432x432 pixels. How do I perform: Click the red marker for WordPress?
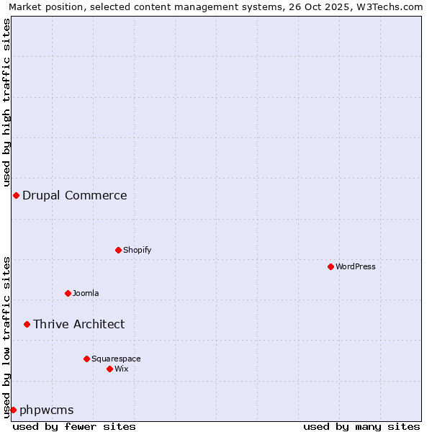(x=330, y=266)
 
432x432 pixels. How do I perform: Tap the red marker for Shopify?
(x=118, y=250)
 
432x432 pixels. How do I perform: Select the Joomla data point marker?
(x=68, y=293)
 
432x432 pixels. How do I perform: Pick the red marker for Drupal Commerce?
(x=16, y=195)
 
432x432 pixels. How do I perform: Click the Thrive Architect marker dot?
(x=27, y=324)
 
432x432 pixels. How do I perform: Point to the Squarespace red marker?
(x=86, y=359)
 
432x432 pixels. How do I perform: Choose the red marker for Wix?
(x=109, y=369)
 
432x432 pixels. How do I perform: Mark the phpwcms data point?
(x=13, y=410)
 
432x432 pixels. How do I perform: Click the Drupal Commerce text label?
(x=74, y=195)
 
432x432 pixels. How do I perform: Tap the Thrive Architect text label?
(x=78, y=324)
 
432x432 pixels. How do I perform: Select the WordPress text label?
(x=355, y=266)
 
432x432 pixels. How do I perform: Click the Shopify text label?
(x=137, y=250)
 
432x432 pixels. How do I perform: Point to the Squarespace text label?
(x=116, y=359)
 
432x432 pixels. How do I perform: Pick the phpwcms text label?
(x=46, y=410)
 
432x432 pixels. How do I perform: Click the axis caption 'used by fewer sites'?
(x=74, y=426)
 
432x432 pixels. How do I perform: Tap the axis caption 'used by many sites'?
(x=361, y=426)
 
